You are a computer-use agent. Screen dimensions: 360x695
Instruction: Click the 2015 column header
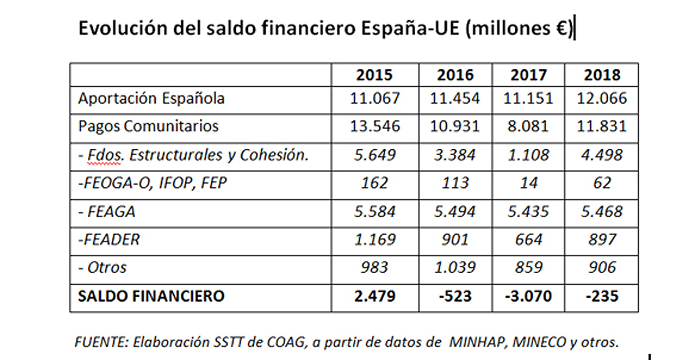pos(374,75)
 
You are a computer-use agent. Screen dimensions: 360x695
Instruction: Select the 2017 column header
pos(528,75)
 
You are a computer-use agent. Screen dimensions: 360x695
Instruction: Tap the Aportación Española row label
pos(151,98)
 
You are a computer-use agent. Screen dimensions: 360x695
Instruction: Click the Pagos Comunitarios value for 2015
pos(375,126)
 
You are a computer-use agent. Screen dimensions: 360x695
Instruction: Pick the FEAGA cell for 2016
pos(455,212)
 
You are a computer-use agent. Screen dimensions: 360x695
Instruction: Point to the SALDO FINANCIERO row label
pos(151,296)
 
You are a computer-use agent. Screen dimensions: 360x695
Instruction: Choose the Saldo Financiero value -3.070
pos(528,296)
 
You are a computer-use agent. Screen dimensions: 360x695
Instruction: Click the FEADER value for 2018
pos(602,240)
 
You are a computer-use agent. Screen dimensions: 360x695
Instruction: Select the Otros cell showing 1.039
pos(455,268)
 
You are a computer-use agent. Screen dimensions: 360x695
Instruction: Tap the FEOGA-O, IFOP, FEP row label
pos(152,183)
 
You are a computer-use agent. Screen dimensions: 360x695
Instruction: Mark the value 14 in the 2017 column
pos(528,183)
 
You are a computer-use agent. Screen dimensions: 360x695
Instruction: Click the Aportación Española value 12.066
pos(602,98)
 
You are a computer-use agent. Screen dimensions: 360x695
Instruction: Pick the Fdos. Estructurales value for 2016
pos(455,155)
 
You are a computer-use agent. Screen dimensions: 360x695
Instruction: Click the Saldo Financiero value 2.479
pos(375,296)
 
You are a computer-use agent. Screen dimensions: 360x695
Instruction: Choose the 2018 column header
pos(602,75)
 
